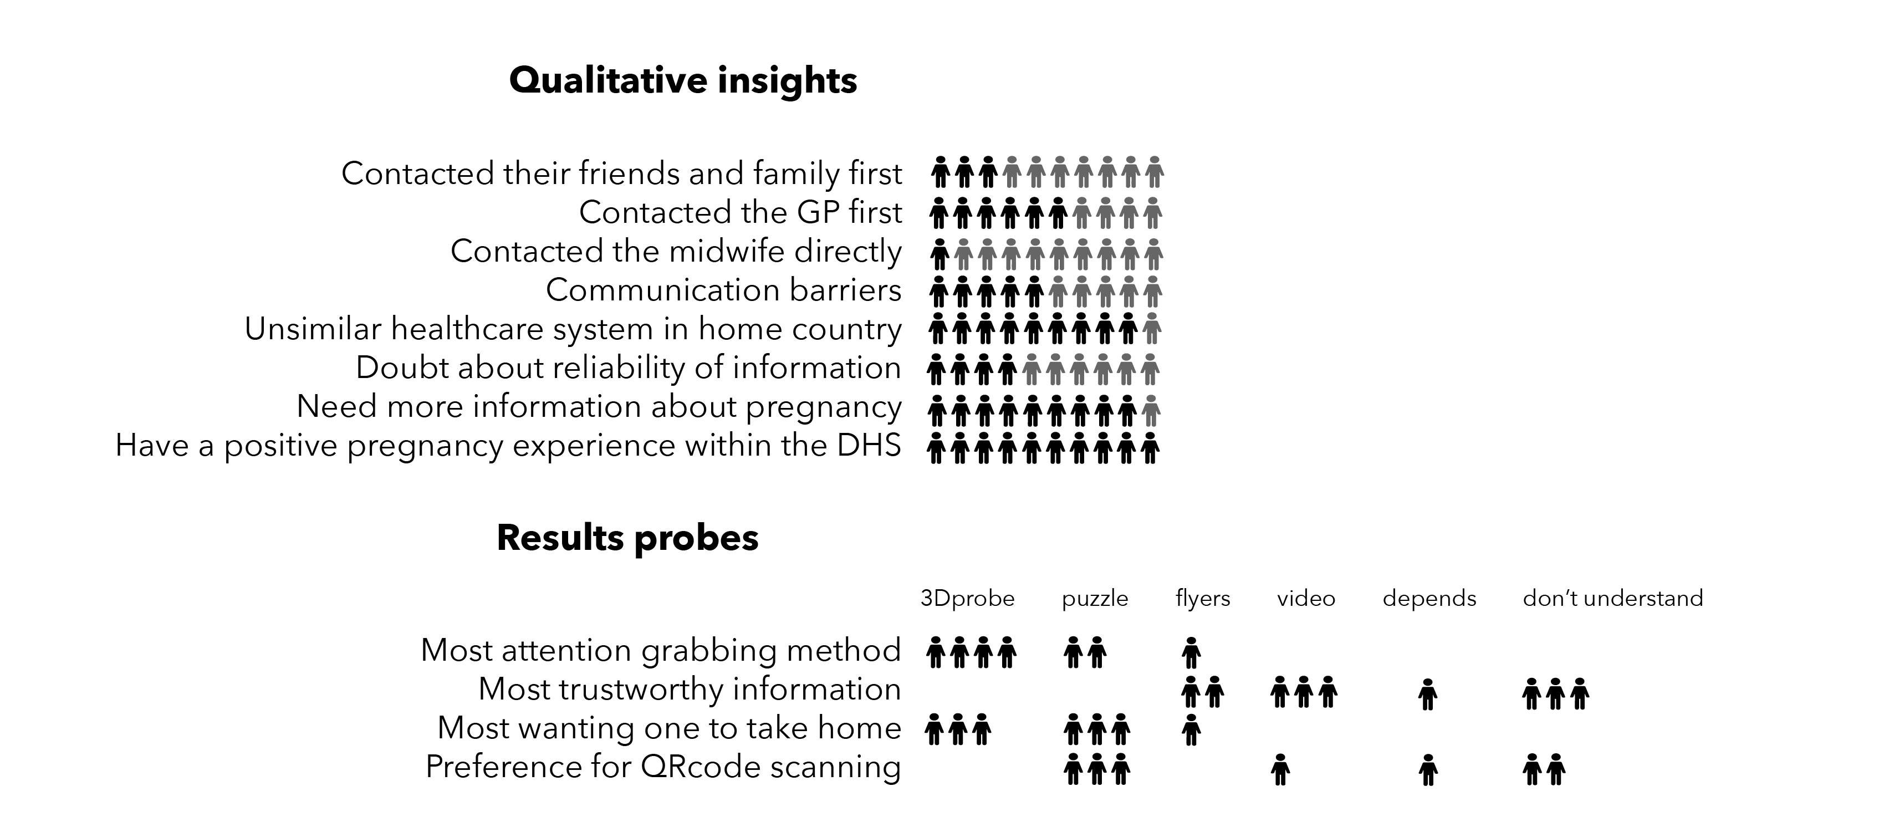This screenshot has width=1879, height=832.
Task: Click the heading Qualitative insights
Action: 683,80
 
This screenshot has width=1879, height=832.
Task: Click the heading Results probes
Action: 627,538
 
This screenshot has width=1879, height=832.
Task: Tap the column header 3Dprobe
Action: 967,599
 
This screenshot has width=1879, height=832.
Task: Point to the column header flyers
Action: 1203,599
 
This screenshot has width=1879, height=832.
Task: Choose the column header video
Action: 1306,599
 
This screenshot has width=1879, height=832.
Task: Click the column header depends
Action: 1429,599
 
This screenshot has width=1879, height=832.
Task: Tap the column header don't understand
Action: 1613,598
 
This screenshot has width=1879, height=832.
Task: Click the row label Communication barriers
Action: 723,289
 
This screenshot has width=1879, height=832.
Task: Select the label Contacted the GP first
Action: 741,212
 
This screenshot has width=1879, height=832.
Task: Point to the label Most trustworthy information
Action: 690,689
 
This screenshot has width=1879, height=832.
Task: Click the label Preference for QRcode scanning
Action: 663,767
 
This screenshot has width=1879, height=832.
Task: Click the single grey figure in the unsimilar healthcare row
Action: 1152,328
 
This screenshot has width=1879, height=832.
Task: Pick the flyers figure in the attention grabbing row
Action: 1191,652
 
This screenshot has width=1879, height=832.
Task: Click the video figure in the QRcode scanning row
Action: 1280,769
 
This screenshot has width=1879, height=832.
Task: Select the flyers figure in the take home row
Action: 1191,730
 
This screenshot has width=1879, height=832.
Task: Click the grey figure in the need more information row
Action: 1151,411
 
